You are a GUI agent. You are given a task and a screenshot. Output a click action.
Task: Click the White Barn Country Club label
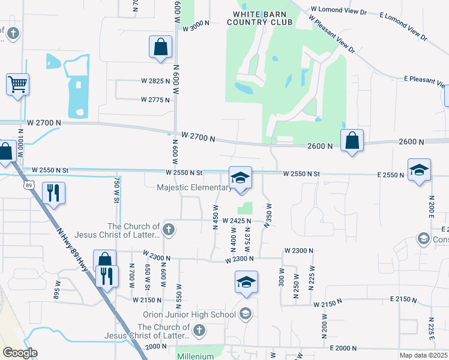tap(259, 18)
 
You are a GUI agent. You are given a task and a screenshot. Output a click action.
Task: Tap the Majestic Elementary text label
tap(193, 188)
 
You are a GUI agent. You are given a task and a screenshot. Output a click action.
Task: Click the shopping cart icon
tap(18, 85)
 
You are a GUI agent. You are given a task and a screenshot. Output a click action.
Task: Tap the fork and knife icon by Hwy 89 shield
tap(53, 193)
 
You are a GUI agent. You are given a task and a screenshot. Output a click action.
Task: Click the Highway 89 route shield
tap(29, 186)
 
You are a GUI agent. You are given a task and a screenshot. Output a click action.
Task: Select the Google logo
tap(20, 353)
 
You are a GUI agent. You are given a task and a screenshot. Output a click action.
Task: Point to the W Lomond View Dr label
tap(339, 11)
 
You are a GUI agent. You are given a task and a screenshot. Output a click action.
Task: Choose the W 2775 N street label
tap(156, 100)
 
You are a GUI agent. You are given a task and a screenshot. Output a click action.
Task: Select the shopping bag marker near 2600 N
tap(352, 142)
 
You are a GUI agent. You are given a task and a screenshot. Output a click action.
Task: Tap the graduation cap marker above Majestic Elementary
tap(240, 178)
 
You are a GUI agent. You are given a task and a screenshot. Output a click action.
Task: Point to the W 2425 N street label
tap(237, 221)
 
